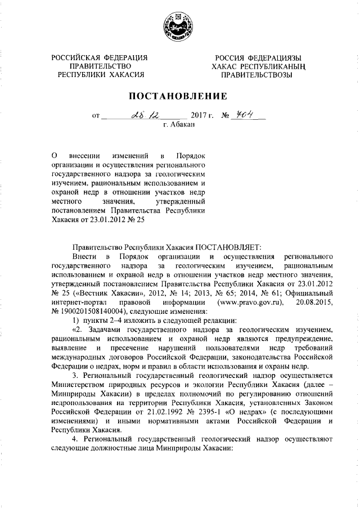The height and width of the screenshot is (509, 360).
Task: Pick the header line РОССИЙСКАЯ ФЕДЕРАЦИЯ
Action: coord(100,58)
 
